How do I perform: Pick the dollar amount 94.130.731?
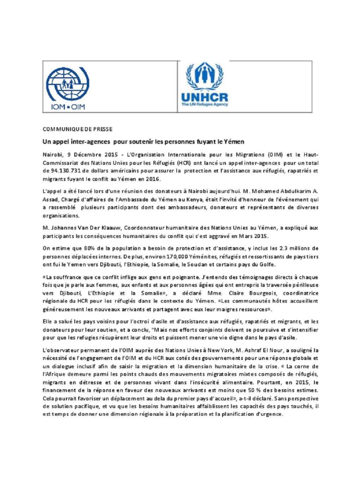click(x=62, y=171)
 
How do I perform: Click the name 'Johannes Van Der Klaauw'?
click(x=80, y=226)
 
